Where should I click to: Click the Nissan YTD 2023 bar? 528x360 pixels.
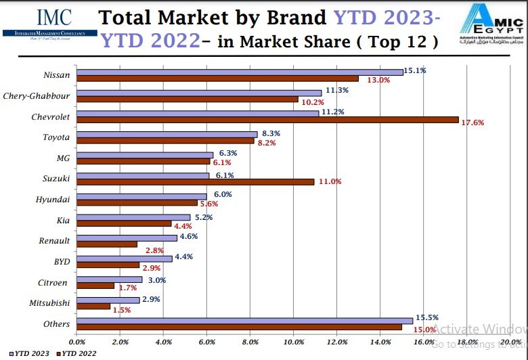point(240,72)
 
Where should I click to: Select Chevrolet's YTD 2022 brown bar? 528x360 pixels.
point(267,120)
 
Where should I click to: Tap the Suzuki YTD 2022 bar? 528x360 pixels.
point(196,181)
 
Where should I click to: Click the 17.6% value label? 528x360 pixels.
point(472,122)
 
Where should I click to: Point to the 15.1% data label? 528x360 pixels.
point(414,70)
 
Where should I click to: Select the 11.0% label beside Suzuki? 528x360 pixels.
point(330,181)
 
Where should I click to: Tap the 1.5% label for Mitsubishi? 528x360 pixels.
point(123,310)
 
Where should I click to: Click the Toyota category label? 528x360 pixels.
point(56,137)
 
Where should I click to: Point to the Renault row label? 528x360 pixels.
point(54,241)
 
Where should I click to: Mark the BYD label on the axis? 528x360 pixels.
point(61,261)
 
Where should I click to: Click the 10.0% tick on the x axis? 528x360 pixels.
point(293,342)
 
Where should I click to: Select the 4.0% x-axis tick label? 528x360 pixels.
point(163,342)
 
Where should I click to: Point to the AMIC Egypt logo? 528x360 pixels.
point(491,21)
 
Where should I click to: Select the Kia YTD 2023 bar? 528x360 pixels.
point(133,217)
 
